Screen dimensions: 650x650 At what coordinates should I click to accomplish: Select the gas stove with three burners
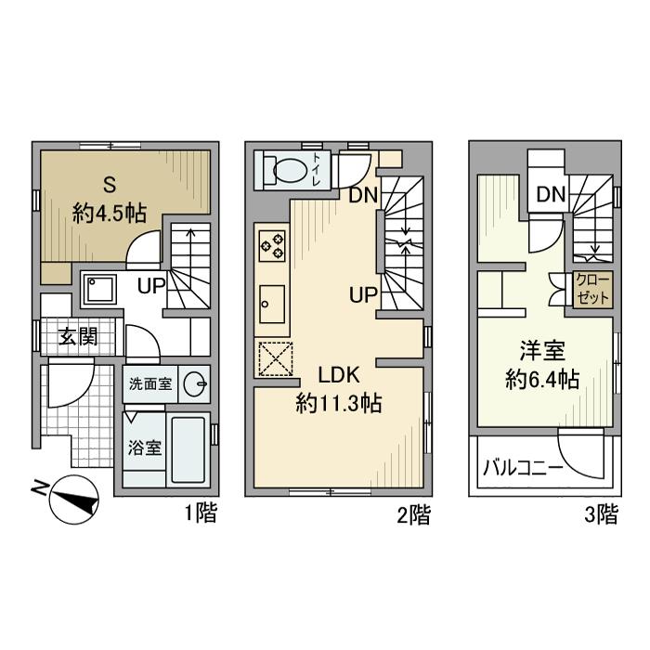(x=272, y=246)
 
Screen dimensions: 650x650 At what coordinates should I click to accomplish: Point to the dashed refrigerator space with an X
(x=276, y=359)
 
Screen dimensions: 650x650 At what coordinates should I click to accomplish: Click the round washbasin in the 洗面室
(x=194, y=384)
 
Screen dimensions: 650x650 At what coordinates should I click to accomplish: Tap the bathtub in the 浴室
(x=188, y=449)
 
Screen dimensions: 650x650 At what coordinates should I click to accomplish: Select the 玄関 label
(x=77, y=336)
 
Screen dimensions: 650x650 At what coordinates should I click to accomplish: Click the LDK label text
(x=339, y=375)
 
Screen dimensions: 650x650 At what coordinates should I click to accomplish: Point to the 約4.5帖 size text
(x=110, y=214)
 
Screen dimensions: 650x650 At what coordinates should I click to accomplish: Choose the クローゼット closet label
(x=592, y=289)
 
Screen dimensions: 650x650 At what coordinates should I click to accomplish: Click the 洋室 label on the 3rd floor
(x=542, y=351)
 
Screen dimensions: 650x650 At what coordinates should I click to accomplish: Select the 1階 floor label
(x=201, y=513)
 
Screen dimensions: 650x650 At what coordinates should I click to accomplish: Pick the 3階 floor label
(x=601, y=514)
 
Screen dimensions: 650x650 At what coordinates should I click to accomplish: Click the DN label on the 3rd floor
(x=551, y=194)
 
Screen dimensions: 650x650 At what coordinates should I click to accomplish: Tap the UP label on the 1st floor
(x=151, y=285)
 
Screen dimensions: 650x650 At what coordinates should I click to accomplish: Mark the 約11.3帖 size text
(x=339, y=403)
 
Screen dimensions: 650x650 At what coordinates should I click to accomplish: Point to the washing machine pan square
(x=98, y=290)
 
